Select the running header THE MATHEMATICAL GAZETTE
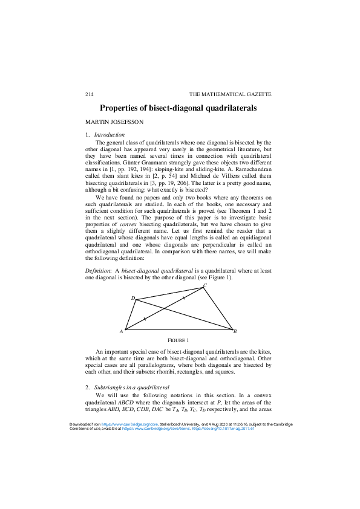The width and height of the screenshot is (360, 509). click(230, 95)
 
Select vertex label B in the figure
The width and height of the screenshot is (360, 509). click(235, 331)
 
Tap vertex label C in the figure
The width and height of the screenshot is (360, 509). click(205, 285)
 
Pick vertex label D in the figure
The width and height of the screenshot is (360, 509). click(133, 298)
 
